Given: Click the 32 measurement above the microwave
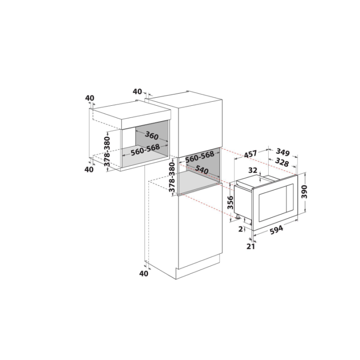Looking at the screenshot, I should click(x=252, y=171).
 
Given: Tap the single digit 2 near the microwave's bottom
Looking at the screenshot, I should click(x=240, y=229).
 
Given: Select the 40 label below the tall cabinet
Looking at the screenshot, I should click(x=144, y=273).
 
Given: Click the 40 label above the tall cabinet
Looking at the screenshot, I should click(x=137, y=91).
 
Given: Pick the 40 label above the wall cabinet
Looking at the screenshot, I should click(x=90, y=98).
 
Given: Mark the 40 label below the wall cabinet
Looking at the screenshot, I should click(x=89, y=170).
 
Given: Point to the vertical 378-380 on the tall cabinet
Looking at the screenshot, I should click(x=171, y=178).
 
